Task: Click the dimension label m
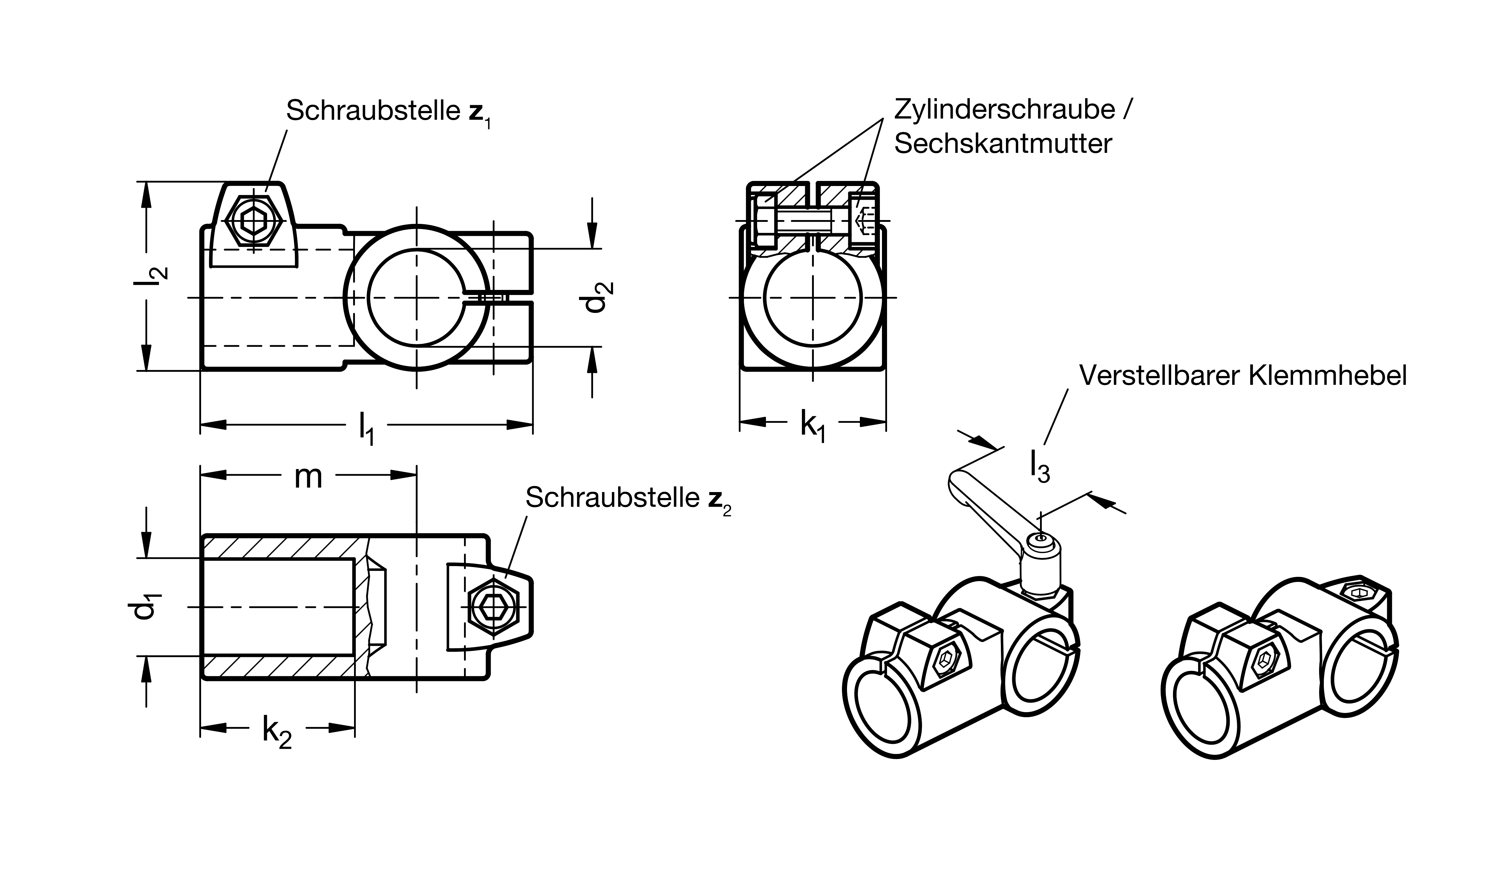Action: pyautogui.click(x=309, y=477)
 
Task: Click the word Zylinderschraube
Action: pyautogui.click(x=1004, y=110)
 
